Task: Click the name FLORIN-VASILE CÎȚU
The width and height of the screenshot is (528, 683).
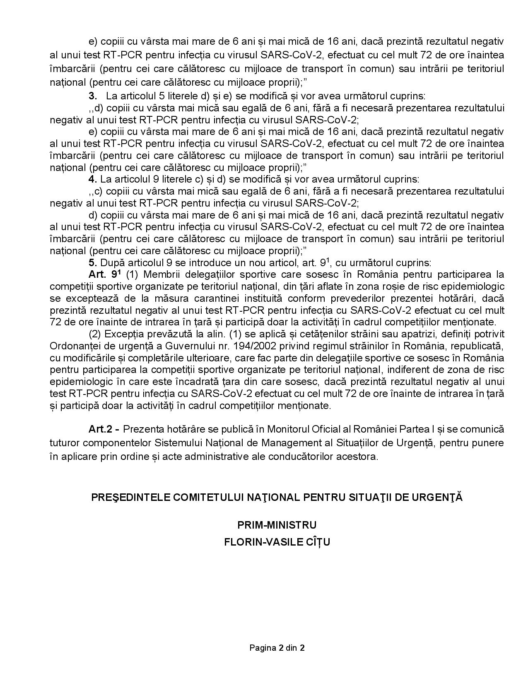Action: pos(277,542)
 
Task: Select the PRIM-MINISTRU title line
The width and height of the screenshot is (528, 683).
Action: pos(277,525)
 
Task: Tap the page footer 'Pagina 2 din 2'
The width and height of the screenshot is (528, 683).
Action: pos(277,648)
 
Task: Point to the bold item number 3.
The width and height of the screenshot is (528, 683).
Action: pos(92,96)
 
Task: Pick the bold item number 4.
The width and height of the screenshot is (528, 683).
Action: pos(92,179)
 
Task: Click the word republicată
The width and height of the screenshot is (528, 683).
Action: pos(480,346)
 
